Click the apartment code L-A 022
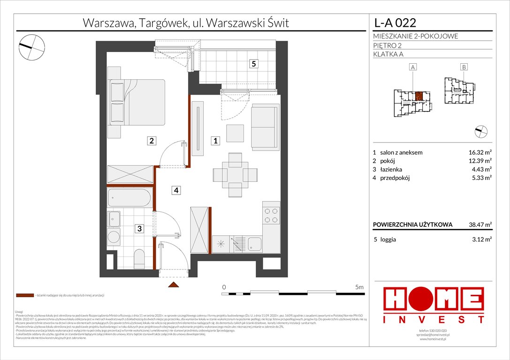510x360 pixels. [395, 22]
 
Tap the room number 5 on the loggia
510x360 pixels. [253, 64]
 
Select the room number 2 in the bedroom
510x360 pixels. [151, 140]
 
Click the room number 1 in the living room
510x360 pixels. [214, 140]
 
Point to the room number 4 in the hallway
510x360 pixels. [175, 190]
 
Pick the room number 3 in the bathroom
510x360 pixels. [140, 228]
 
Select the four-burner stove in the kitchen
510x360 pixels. [271, 214]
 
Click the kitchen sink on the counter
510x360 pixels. [255, 244]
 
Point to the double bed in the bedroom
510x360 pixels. [137, 102]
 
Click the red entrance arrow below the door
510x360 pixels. [173, 285]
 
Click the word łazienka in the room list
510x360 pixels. [393, 169]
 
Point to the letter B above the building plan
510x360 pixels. [464, 67]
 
